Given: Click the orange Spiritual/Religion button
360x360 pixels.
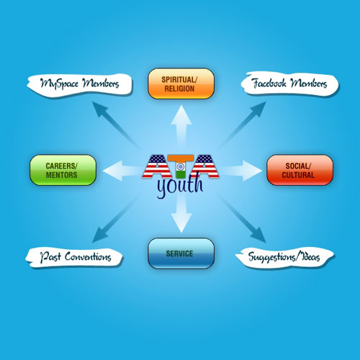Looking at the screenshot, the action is tap(181, 84).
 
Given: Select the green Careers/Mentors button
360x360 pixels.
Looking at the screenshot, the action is tap(63, 170).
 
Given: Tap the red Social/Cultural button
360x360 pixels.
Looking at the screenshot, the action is tap(300, 170).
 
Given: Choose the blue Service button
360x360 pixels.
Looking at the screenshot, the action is tap(181, 253).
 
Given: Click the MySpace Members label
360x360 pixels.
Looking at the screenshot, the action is tap(80, 84).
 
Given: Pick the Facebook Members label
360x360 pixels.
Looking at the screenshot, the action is tap(289, 84).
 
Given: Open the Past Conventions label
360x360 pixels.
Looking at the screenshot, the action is tap(74, 257).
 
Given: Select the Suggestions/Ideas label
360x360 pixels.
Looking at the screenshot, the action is tap(285, 257).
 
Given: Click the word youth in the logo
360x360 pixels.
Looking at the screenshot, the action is tap(180, 186).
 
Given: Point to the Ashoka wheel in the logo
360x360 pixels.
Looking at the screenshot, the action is tap(181, 166).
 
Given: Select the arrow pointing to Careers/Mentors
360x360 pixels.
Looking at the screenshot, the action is tap(121, 171).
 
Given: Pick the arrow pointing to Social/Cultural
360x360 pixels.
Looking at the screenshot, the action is tap(241, 171).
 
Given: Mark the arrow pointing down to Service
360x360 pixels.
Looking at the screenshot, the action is tap(181, 214).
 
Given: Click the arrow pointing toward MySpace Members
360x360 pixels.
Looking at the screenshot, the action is tap(115, 125).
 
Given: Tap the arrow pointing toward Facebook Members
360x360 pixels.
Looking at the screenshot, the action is tap(243, 125).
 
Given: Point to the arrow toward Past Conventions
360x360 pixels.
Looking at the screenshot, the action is tap(116, 219).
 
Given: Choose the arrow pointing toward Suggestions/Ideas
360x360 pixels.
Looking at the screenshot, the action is tap(243, 218).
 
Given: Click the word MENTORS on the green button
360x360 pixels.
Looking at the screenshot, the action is tap(62, 175).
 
